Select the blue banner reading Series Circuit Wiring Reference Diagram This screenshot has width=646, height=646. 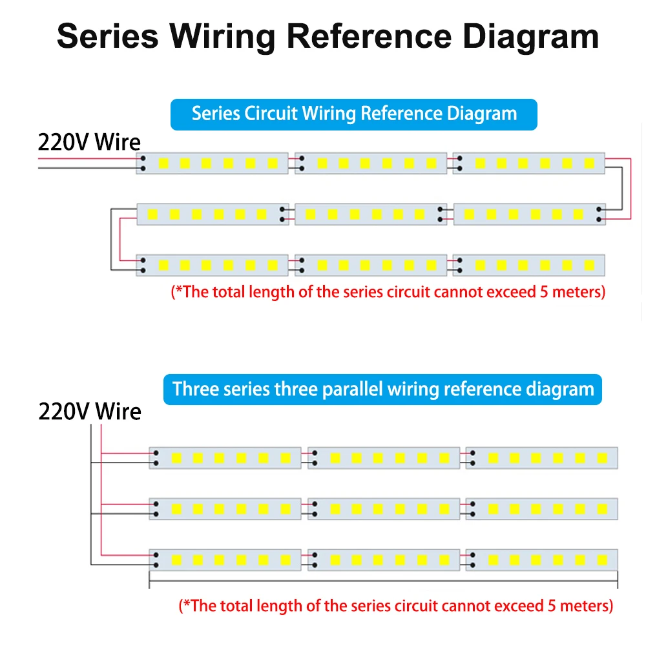pyautogui.click(x=354, y=114)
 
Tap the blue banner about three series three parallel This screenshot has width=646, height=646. pyautogui.click(x=382, y=390)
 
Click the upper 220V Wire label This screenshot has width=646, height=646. pyautogui.click(x=89, y=141)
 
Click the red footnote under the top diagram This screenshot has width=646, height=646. pyautogui.click(x=388, y=292)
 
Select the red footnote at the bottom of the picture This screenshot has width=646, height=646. pyautogui.click(x=395, y=606)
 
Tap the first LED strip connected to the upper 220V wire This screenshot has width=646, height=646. pyautogui.click(x=212, y=163)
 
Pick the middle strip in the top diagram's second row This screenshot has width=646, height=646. pyautogui.click(x=371, y=214)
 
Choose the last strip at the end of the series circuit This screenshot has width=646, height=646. pyautogui.click(x=528, y=265)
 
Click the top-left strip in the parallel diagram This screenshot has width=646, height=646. pyautogui.click(x=225, y=458)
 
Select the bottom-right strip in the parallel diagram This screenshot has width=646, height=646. pyautogui.click(x=541, y=559)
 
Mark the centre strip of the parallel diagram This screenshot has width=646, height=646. pyautogui.click(x=384, y=508)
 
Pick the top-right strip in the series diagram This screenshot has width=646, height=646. pyautogui.click(x=528, y=163)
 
